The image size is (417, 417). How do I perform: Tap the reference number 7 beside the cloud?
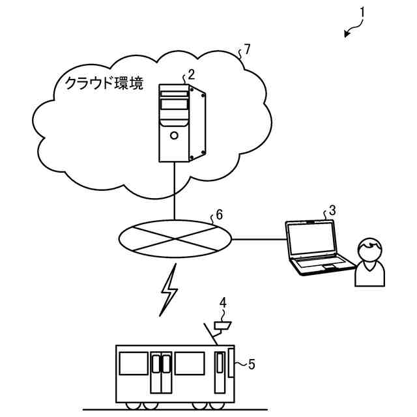pyautogui.click(x=246, y=49)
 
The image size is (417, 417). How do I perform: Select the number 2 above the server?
pyautogui.click(x=192, y=74)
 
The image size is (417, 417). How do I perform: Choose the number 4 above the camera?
pyautogui.click(x=223, y=302)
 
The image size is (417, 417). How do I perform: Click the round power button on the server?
pyautogui.click(x=174, y=135)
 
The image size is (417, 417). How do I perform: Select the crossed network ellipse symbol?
pyautogui.click(x=176, y=239)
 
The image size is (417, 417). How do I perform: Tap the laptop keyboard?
pyautogui.click(x=319, y=264)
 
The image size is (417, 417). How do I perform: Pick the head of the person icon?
pyautogui.click(x=369, y=250)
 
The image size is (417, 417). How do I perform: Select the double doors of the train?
pyautogui.click(x=161, y=372)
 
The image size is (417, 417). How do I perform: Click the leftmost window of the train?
pyautogui.click(x=134, y=364)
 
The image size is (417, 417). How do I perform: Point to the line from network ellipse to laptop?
pyautogui.click(x=259, y=239)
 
